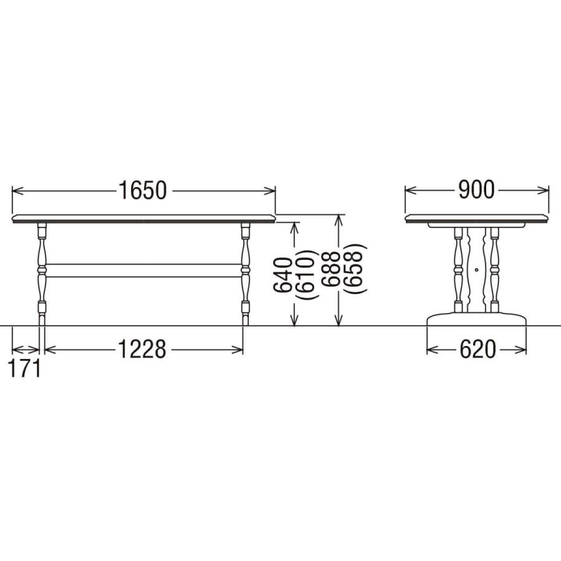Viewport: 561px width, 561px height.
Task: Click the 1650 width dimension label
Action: (x=142, y=190)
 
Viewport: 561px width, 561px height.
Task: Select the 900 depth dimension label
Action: (x=476, y=190)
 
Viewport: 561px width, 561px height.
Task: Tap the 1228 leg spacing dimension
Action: (x=142, y=349)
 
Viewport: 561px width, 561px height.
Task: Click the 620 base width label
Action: (x=477, y=349)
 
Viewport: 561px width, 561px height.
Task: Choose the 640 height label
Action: (x=283, y=274)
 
